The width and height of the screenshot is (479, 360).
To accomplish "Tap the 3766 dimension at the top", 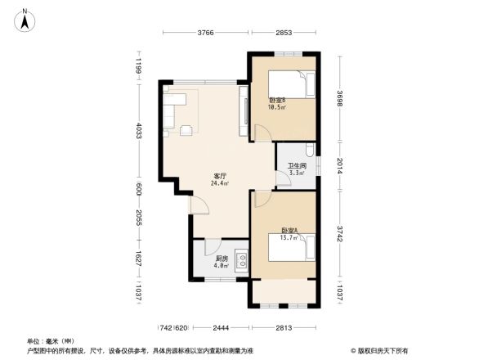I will (x=205, y=33).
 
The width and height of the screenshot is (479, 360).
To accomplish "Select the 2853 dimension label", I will (x=284, y=33).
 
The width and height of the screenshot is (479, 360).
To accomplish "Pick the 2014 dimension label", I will (x=339, y=166).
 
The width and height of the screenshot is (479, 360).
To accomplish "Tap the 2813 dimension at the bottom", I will (x=284, y=327).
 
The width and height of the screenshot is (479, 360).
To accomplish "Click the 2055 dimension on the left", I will (x=139, y=218).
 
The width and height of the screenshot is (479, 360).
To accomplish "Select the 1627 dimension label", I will (x=139, y=259).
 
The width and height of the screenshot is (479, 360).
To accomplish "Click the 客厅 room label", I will (x=219, y=176).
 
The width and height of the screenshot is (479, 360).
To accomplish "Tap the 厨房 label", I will (x=209, y=257).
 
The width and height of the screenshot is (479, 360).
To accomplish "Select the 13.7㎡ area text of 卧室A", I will (x=289, y=236).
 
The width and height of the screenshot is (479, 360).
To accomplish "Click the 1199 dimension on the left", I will (x=139, y=65).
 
